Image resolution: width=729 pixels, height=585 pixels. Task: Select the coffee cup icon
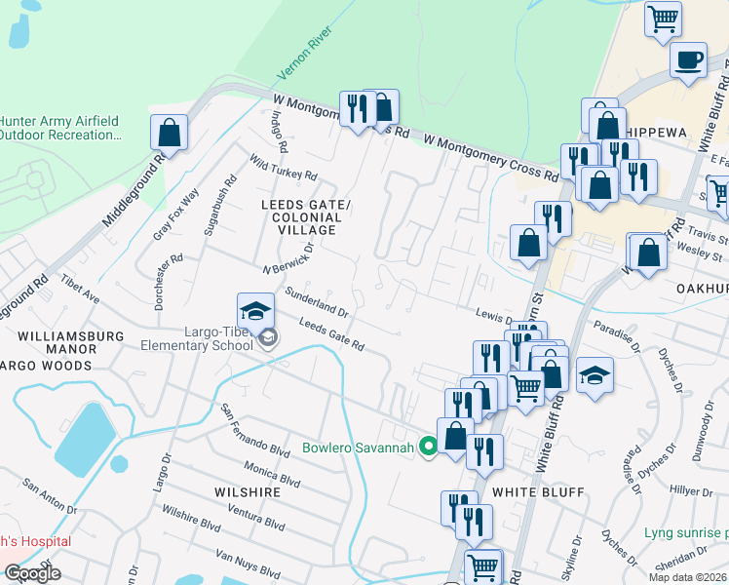[x=688, y=59]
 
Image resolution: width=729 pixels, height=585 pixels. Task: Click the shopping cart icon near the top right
[x=663, y=18]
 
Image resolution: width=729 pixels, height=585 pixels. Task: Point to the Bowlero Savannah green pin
[x=427, y=448]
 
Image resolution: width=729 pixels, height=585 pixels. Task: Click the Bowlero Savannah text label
[x=359, y=448]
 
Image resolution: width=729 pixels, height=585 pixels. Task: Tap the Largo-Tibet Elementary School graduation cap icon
[x=255, y=311]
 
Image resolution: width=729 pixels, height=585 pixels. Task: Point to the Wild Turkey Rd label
[x=283, y=167]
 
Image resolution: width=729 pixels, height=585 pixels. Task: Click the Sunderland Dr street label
[x=316, y=303]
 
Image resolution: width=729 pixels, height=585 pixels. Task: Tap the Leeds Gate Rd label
[x=331, y=336]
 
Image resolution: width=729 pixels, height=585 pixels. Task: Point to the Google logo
[x=32, y=573]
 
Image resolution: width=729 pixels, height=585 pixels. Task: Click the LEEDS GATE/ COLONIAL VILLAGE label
[x=304, y=216]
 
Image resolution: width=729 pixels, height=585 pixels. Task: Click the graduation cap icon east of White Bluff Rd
[x=594, y=376]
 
